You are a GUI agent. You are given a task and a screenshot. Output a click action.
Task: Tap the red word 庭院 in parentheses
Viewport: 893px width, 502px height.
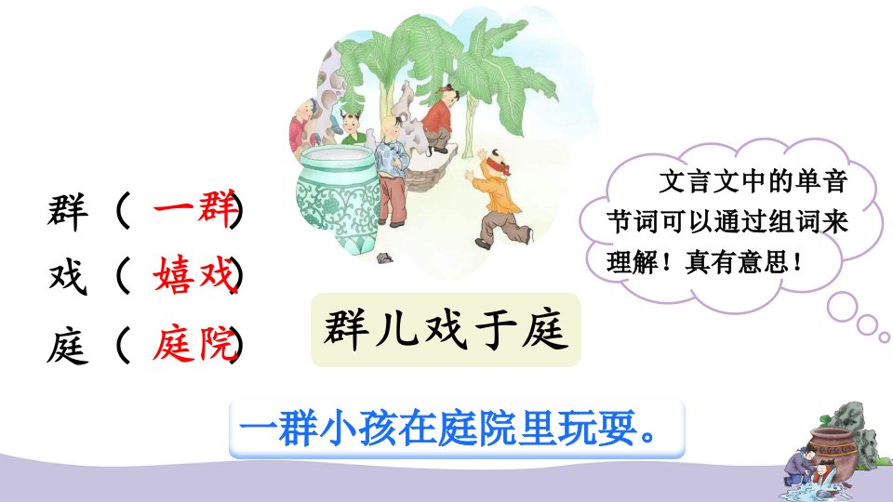click(194, 343)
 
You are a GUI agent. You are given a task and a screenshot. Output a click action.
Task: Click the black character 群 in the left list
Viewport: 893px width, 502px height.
click(68, 211)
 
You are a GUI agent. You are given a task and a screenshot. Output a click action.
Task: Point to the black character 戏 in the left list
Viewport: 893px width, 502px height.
click(68, 277)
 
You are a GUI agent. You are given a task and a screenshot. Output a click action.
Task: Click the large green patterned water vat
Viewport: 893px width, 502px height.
click(337, 198)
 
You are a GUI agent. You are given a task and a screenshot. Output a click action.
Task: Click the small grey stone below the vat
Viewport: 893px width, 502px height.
click(385, 258)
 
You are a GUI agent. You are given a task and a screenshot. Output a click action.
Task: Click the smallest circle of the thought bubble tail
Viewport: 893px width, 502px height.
click(885, 337)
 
